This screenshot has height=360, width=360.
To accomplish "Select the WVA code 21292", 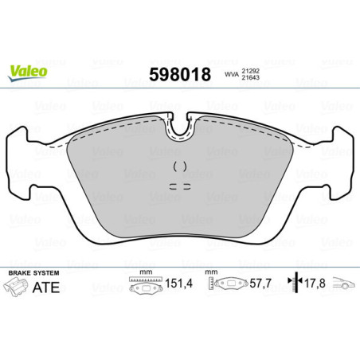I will coord(252,70).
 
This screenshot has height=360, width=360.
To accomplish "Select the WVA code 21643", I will coord(252,79).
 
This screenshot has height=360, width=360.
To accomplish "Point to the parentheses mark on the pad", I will coord(179,166).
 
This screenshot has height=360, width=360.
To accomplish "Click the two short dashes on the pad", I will coord(179,186).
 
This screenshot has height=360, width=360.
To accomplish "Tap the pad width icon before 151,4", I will coord(143,285).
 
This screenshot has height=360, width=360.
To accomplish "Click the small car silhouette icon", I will coord(342,284).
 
